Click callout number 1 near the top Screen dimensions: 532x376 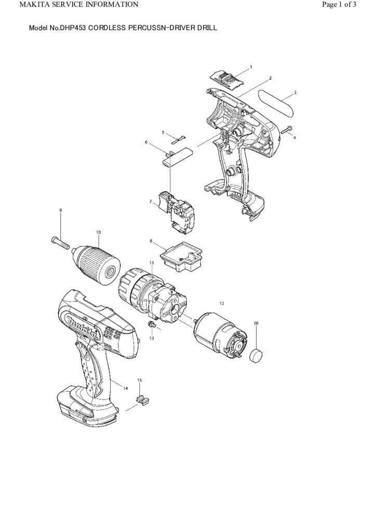251,67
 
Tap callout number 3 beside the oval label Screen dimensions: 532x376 296,92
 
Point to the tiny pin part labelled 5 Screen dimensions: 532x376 178,138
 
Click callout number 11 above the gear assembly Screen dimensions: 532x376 151,263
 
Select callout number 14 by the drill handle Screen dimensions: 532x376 126,387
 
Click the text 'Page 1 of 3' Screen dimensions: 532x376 339,5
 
